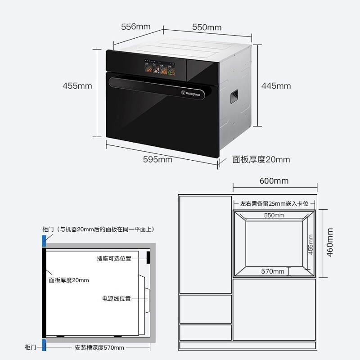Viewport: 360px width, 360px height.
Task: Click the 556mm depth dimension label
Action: (135, 27)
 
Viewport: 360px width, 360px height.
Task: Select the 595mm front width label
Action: (157, 159)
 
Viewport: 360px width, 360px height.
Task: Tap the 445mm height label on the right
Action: (276, 86)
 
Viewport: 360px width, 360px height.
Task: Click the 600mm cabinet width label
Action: (274, 181)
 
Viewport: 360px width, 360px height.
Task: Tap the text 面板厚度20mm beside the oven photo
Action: (261, 159)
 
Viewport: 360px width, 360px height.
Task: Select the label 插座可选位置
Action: (114, 258)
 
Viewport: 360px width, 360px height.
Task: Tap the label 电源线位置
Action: (116, 298)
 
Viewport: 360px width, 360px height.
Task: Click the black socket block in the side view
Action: (148, 257)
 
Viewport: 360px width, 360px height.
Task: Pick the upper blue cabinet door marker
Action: (44, 240)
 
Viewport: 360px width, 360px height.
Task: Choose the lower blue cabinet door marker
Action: (44, 345)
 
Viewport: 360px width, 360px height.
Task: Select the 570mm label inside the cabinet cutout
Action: (273, 271)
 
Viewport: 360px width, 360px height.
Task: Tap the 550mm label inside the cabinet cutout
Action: (274, 216)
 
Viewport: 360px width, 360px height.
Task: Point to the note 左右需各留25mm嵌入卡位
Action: (274, 204)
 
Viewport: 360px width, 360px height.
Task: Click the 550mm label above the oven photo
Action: (207, 27)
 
